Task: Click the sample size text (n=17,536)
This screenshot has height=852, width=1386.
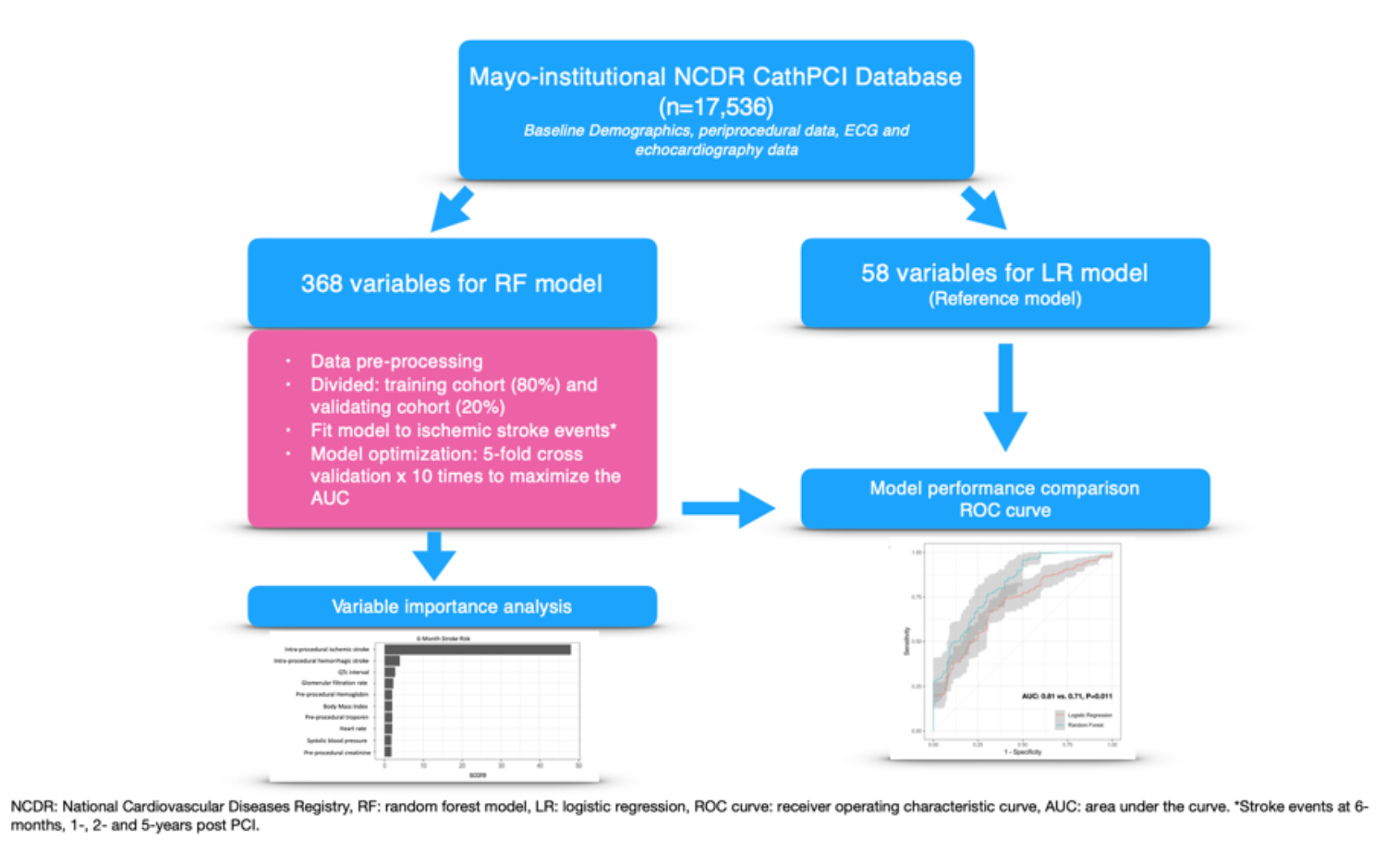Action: pyautogui.click(x=716, y=106)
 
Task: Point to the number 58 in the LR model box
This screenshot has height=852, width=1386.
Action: pyautogui.click(x=874, y=273)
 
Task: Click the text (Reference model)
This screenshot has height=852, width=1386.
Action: pyautogui.click(x=1004, y=298)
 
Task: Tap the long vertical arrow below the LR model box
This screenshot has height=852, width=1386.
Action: pyautogui.click(x=1005, y=397)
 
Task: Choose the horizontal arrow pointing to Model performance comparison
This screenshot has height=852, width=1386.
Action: pyautogui.click(x=727, y=508)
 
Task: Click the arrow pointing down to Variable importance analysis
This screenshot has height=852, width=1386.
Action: pyautogui.click(x=434, y=555)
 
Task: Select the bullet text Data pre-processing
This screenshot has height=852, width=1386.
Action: pyautogui.click(x=396, y=361)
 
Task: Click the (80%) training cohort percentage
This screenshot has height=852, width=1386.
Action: pyautogui.click(x=535, y=384)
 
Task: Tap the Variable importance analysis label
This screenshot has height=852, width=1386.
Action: pyautogui.click(x=452, y=606)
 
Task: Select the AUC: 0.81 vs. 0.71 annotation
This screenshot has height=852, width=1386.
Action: pyautogui.click(x=1066, y=696)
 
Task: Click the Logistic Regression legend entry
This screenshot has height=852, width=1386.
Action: pyautogui.click(x=1088, y=715)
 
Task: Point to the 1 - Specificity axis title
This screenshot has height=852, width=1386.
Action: pyautogui.click(x=1022, y=752)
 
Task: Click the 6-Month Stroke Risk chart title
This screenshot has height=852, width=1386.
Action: pyautogui.click(x=444, y=639)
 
